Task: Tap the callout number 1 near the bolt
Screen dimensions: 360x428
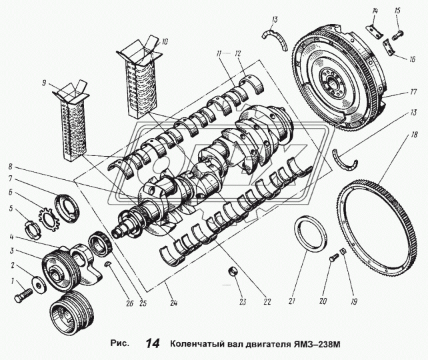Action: tap(11, 282)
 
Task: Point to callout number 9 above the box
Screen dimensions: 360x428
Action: tap(43, 83)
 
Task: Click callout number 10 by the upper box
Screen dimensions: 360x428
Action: tap(165, 41)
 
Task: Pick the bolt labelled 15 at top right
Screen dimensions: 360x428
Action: tap(396, 31)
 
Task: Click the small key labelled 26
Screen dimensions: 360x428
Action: tap(109, 265)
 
